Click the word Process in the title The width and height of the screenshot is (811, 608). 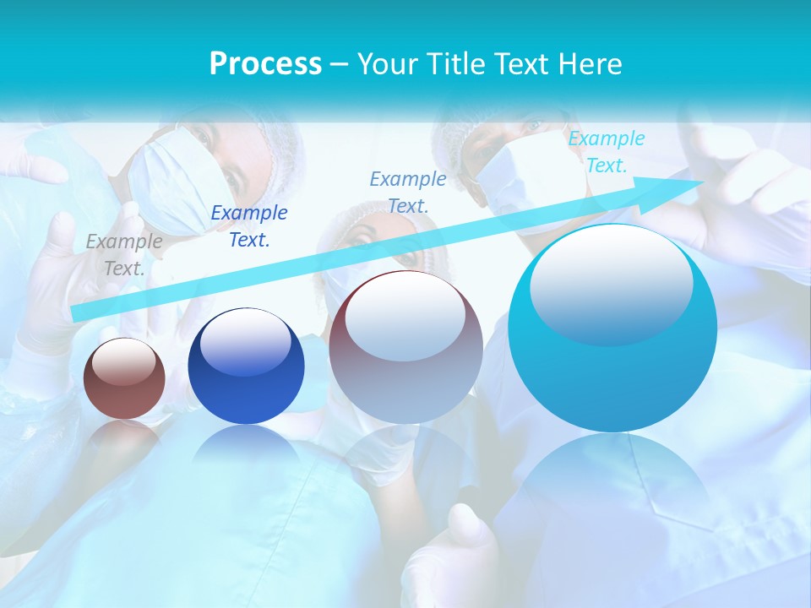click(265, 64)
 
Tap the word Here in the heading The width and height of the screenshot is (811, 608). click(590, 64)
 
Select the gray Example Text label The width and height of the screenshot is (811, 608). click(124, 255)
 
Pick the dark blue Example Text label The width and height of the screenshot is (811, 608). click(249, 226)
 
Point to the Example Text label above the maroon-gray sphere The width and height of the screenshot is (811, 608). click(408, 192)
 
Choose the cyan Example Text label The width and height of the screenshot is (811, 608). click(607, 152)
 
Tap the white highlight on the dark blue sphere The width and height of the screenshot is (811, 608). click(246, 339)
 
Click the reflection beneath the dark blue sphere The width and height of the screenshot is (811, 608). click(246, 448)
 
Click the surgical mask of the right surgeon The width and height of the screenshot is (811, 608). click(524, 182)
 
